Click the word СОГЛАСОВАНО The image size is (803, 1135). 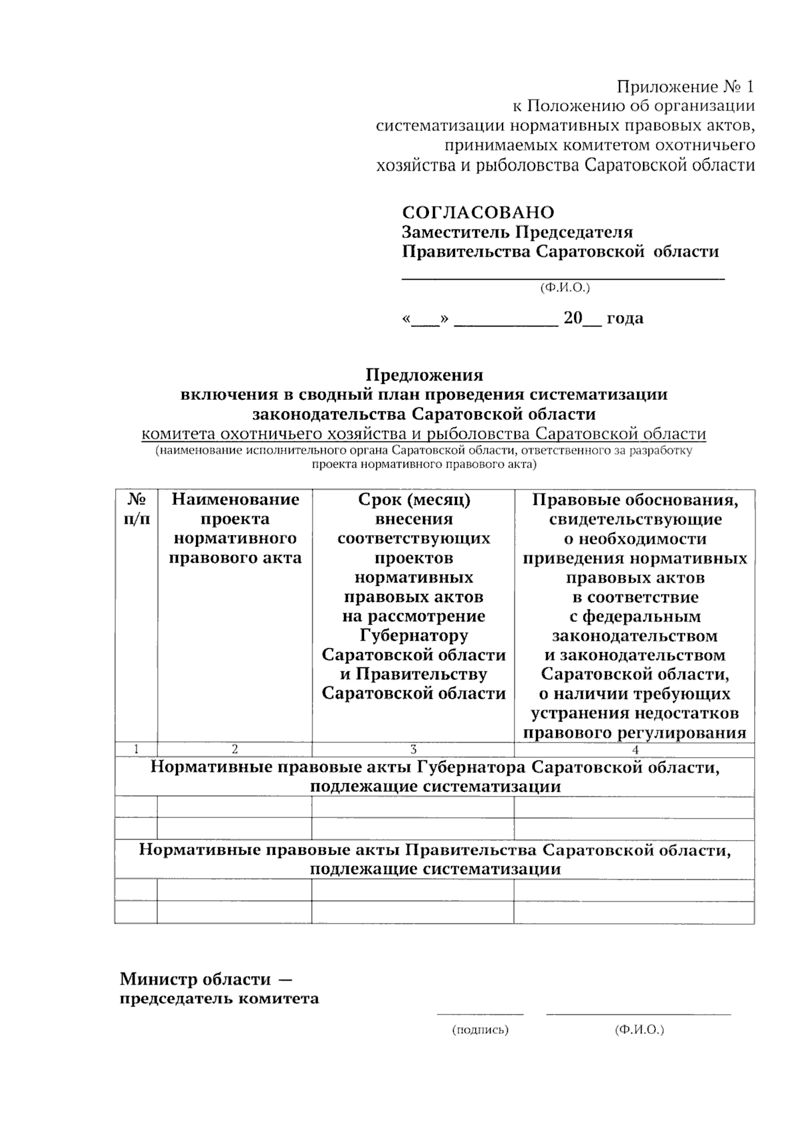click(x=478, y=213)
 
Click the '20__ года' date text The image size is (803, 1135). click(x=603, y=318)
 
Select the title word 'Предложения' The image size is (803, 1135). click(x=424, y=375)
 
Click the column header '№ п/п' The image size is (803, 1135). click(x=137, y=509)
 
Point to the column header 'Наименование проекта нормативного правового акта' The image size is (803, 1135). click(x=235, y=528)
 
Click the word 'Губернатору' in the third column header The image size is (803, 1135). click(x=414, y=635)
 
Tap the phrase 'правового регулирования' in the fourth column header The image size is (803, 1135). click(x=634, y=732)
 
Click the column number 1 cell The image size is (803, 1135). click(x=137, y=750)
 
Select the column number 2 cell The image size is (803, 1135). click(x=235, y=750)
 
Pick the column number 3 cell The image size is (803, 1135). click(x=414, y=750)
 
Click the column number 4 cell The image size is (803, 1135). click(x=634, y=750)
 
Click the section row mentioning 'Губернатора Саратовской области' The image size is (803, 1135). click(x=435, y=777)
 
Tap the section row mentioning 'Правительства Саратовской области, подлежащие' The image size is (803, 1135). click(x=435, y=859)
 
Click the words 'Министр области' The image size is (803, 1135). click(x=195, y=980)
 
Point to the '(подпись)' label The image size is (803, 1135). click(x=480, y=1030)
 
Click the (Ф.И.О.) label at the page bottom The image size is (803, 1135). click(x=639, y=1030)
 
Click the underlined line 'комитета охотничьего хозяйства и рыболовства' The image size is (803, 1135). click(x=424, y=434)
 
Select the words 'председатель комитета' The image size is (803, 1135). click(x=219, y=999)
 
